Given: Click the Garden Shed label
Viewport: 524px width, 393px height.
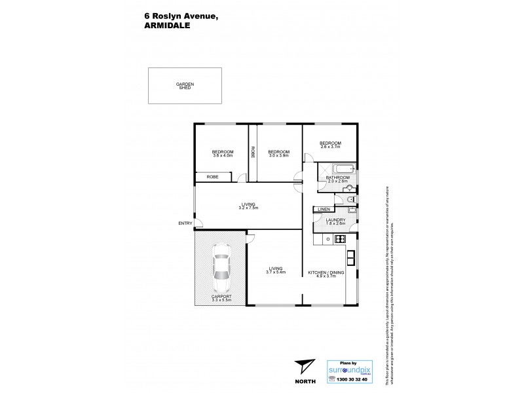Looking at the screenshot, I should (185, 86).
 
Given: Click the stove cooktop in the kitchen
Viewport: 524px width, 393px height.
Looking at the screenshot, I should (339, 239).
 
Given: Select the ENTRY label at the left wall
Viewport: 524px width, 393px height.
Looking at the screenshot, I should (185, 223).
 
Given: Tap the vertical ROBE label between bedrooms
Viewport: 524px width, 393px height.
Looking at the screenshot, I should (253, 152).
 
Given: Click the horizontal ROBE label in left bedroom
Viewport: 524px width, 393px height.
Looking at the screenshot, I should (212, 177).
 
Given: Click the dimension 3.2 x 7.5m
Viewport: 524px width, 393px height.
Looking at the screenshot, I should (248, 208).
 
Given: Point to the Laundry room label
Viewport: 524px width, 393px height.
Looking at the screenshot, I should (335, 220).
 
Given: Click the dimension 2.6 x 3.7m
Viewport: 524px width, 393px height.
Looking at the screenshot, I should (331, 147).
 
